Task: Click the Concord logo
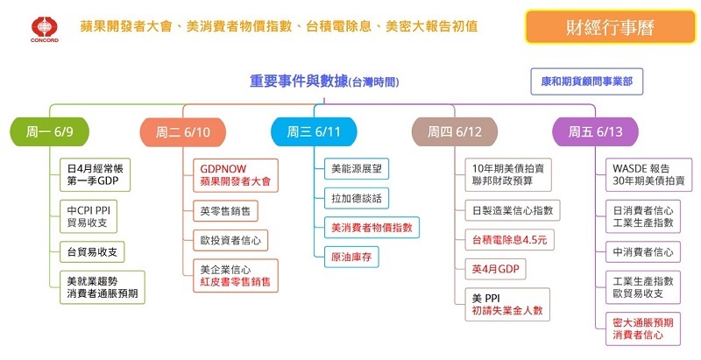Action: (42, 28)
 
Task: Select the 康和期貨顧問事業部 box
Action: (593, 81)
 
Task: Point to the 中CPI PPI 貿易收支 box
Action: (93, 215)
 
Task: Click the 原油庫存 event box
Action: (350, 258)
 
